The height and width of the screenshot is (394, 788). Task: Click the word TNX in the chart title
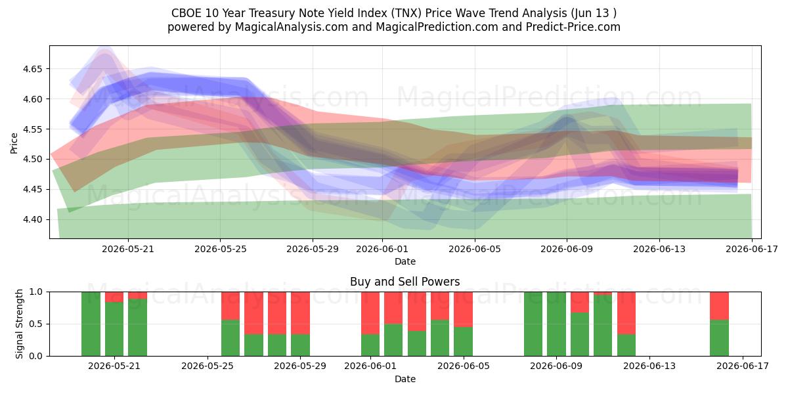tap(406, 13)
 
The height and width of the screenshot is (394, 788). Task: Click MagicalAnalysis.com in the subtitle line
tap(292, 27)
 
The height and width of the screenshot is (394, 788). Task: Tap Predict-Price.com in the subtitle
tap(573, 27)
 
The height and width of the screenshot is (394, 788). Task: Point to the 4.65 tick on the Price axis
tap(32, 69)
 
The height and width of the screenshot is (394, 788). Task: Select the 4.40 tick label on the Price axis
tap(32, 220)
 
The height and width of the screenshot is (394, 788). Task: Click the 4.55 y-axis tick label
tap(32, 129)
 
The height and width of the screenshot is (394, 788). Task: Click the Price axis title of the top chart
tap(14, 143)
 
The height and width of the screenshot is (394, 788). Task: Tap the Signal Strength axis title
tap(19, 324)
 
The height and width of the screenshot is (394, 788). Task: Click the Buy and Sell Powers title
tap(405, 282)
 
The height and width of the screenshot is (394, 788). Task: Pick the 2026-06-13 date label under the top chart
tap(659, 250)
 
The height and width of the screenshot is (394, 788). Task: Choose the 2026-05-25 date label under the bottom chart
tap(208, 366)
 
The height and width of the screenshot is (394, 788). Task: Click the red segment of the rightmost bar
tap(719, 306)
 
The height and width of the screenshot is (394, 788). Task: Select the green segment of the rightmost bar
tap(719, 338)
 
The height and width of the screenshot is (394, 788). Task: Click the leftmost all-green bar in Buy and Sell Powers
tap(91, 324)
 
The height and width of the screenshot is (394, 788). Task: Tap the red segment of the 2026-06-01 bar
tap(370, 313)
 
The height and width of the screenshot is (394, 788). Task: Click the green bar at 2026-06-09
tap(557, 324)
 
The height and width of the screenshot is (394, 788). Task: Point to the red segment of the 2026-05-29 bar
tap(301, 313)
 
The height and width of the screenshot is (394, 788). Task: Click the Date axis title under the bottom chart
tap(405, 380)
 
